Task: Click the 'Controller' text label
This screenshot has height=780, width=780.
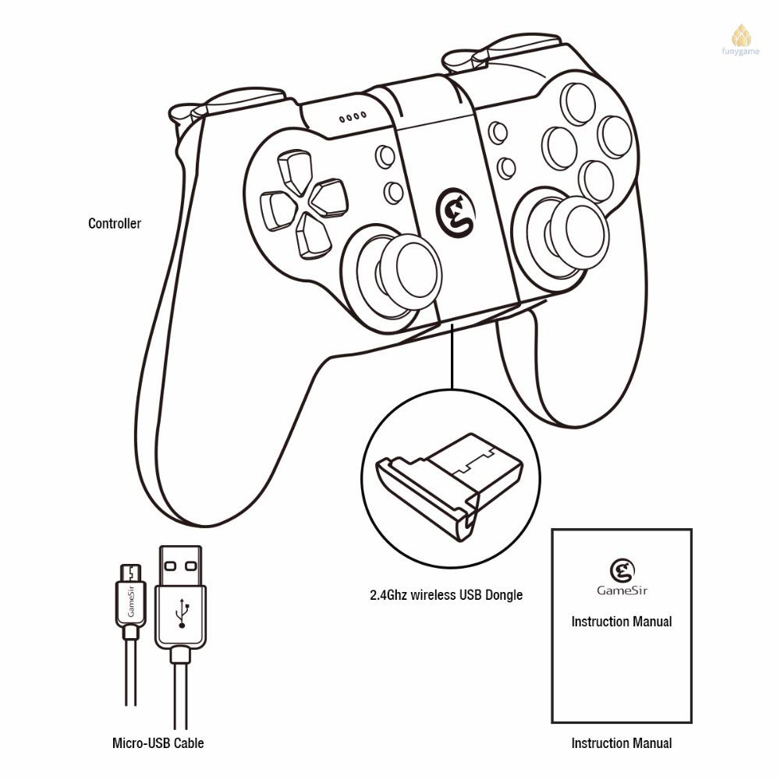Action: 115,224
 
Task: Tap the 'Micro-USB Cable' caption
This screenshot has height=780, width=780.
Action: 158,743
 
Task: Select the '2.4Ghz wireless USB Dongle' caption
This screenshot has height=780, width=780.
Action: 446,595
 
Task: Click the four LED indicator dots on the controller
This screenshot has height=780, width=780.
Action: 352,119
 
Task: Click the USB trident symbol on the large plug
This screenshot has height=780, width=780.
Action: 183,612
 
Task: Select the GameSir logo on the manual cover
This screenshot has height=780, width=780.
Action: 621,569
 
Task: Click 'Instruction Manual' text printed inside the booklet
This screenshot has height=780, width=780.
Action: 621,622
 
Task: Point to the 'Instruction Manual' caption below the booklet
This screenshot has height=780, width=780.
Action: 621,743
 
